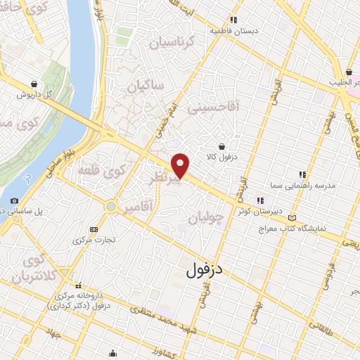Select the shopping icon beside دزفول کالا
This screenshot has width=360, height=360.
coord(222,146)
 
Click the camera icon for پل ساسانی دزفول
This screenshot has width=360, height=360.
coord(15,200)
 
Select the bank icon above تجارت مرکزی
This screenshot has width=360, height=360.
coord(94,229)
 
